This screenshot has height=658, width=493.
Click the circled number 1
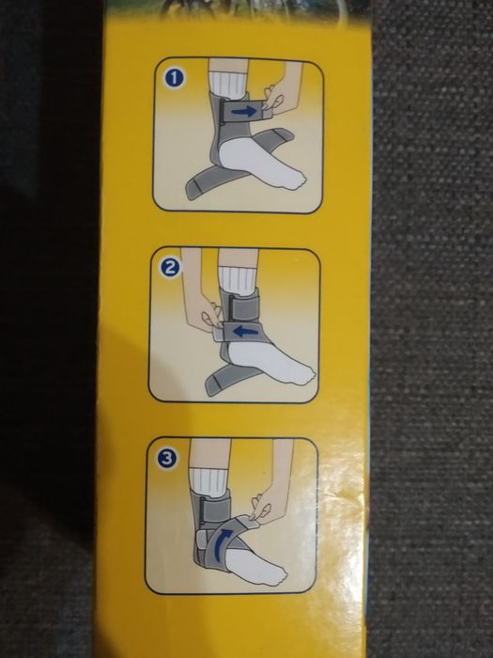pyautogui.click(x=175, y=78)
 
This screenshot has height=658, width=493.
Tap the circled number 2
pyautogui.click(x=170, y=268)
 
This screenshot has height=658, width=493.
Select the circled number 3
pyautogui.click(x=167, y=459)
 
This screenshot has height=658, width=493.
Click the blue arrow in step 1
pyautogui.click(x=243, y=111)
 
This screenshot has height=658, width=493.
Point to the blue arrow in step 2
pyautogui.click(x=245, y=332)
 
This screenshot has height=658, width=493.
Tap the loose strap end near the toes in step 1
pyautogui.click(x=272, y=137)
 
